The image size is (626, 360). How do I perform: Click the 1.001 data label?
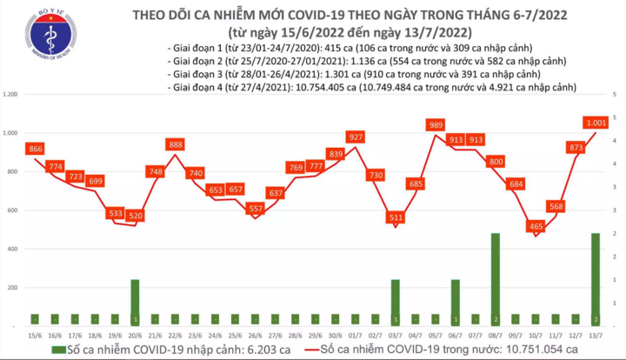click(x=596, y=123)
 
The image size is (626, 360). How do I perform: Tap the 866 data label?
click(x=35, y=150)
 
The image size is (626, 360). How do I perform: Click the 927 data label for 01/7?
click(x=356, y=138)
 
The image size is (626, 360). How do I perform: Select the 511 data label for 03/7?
click(x=396, y=217)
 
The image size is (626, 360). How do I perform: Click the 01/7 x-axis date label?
click(x=355, y=335)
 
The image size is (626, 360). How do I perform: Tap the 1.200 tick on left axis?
click(x=12, y=94)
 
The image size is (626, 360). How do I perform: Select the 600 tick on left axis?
click(x=15, y=210)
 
